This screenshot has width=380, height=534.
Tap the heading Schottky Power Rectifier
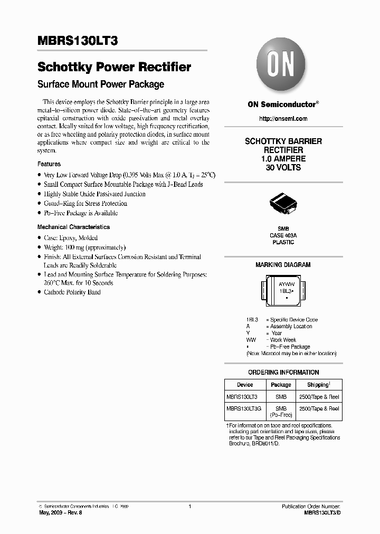114,67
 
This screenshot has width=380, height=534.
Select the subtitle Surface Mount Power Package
101,84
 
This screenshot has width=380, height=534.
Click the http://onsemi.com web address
283,119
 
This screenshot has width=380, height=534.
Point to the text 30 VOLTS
283,167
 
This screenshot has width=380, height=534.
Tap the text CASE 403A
283,235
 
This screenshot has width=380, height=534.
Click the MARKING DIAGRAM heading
283,265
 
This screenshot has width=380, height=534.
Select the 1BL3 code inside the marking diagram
286,291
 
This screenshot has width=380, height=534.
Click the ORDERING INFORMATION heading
283,372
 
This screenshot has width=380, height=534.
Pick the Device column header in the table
245,385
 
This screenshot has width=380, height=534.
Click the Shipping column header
319,385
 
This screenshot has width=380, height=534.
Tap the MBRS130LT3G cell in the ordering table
245,408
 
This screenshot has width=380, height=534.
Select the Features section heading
49,164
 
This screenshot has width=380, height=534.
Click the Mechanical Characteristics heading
73,227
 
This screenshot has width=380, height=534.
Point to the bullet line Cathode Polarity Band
72,292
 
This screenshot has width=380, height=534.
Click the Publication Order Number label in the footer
311,506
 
